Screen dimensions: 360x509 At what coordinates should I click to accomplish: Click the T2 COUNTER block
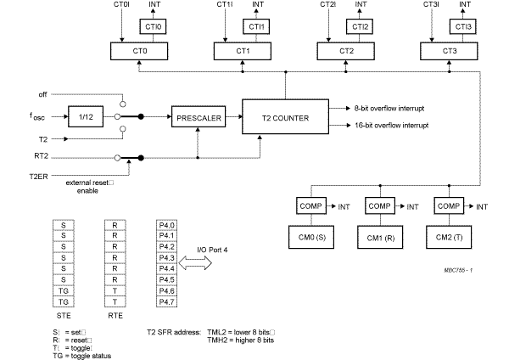click(x=285, y=117)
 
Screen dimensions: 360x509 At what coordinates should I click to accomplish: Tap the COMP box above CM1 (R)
click(x=378, y=205)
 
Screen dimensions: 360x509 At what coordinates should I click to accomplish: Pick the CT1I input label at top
click(x=224, y=6)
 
